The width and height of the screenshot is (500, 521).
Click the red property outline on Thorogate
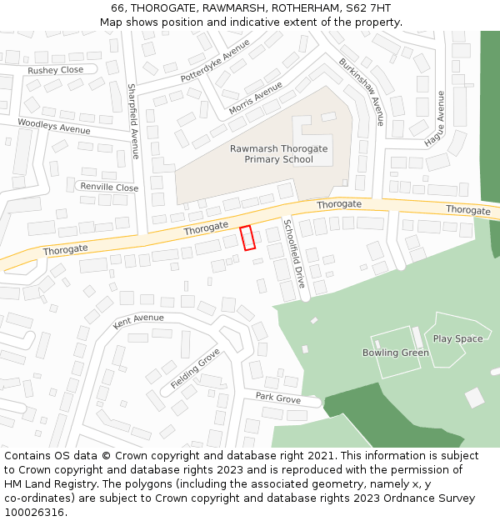coord(247,238)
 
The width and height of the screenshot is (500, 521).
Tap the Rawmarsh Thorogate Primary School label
coord(278,154)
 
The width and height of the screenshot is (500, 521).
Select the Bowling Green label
coord(396,353)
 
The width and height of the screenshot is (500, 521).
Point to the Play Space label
coord(457,339)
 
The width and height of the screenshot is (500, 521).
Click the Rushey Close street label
coord(56,71)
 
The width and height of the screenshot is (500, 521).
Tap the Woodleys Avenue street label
coord(54,127)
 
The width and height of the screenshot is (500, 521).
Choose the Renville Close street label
coord(109,188)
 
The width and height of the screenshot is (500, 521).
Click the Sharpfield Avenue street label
coord(132,121)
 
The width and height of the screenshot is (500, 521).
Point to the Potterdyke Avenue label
coord(215,61)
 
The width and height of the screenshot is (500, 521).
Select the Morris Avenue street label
coord(255,98)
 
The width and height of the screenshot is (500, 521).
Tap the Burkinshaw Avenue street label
coord(361,91)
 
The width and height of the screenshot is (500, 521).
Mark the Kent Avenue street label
coord(138,318)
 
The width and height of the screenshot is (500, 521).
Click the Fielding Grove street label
coord(195,368)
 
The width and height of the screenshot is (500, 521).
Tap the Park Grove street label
coord(278,398)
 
